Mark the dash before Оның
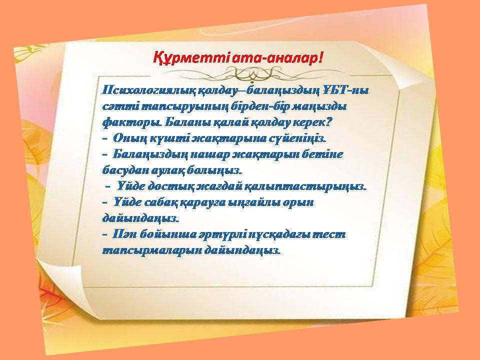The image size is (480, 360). pos(104,138)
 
